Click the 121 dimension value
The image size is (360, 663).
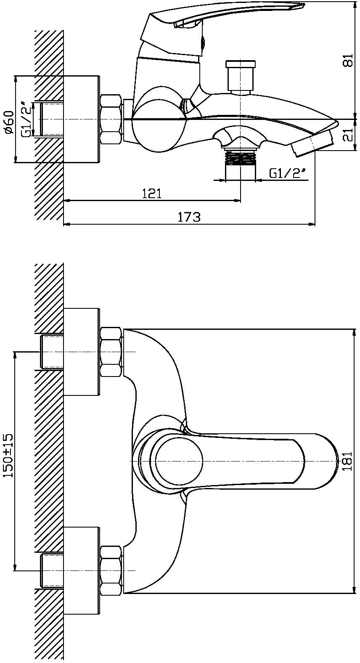[152, 194]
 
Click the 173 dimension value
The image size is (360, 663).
[189, 217]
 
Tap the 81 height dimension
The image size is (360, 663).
[349, 61]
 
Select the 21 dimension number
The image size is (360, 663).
[349, 135]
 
